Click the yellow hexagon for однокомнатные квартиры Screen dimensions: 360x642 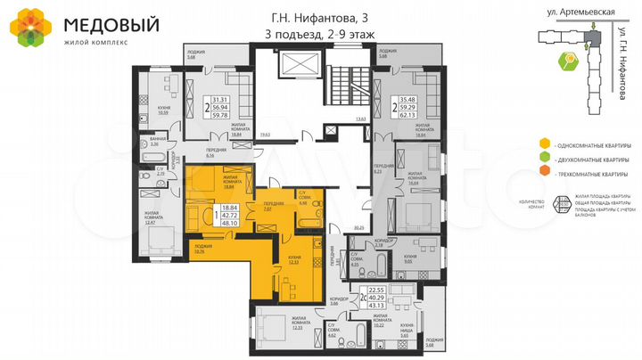click(543, 143)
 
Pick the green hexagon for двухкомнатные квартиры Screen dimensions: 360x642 click(543, 158)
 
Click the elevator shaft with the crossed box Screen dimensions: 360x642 click(292, 66)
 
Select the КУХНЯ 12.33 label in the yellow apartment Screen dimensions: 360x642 click(293, 260)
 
